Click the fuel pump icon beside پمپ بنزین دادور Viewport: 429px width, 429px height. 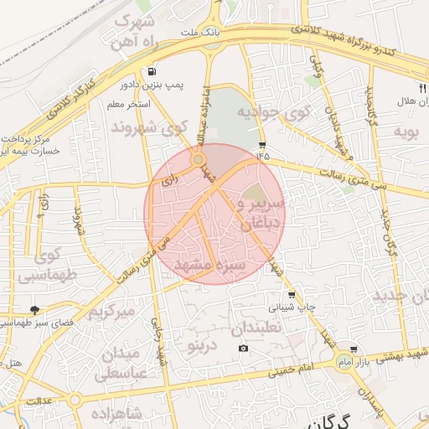pos(150,72)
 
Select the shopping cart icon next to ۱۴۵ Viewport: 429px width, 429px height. pos(262,144)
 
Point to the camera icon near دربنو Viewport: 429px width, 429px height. pos(243,348)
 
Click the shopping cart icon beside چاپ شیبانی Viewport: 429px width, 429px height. pos(291,295)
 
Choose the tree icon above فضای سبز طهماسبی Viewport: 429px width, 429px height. pos(34,310)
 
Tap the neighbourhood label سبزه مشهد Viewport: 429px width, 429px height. pos(208,265)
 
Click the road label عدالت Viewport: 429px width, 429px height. pos(39,401)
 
